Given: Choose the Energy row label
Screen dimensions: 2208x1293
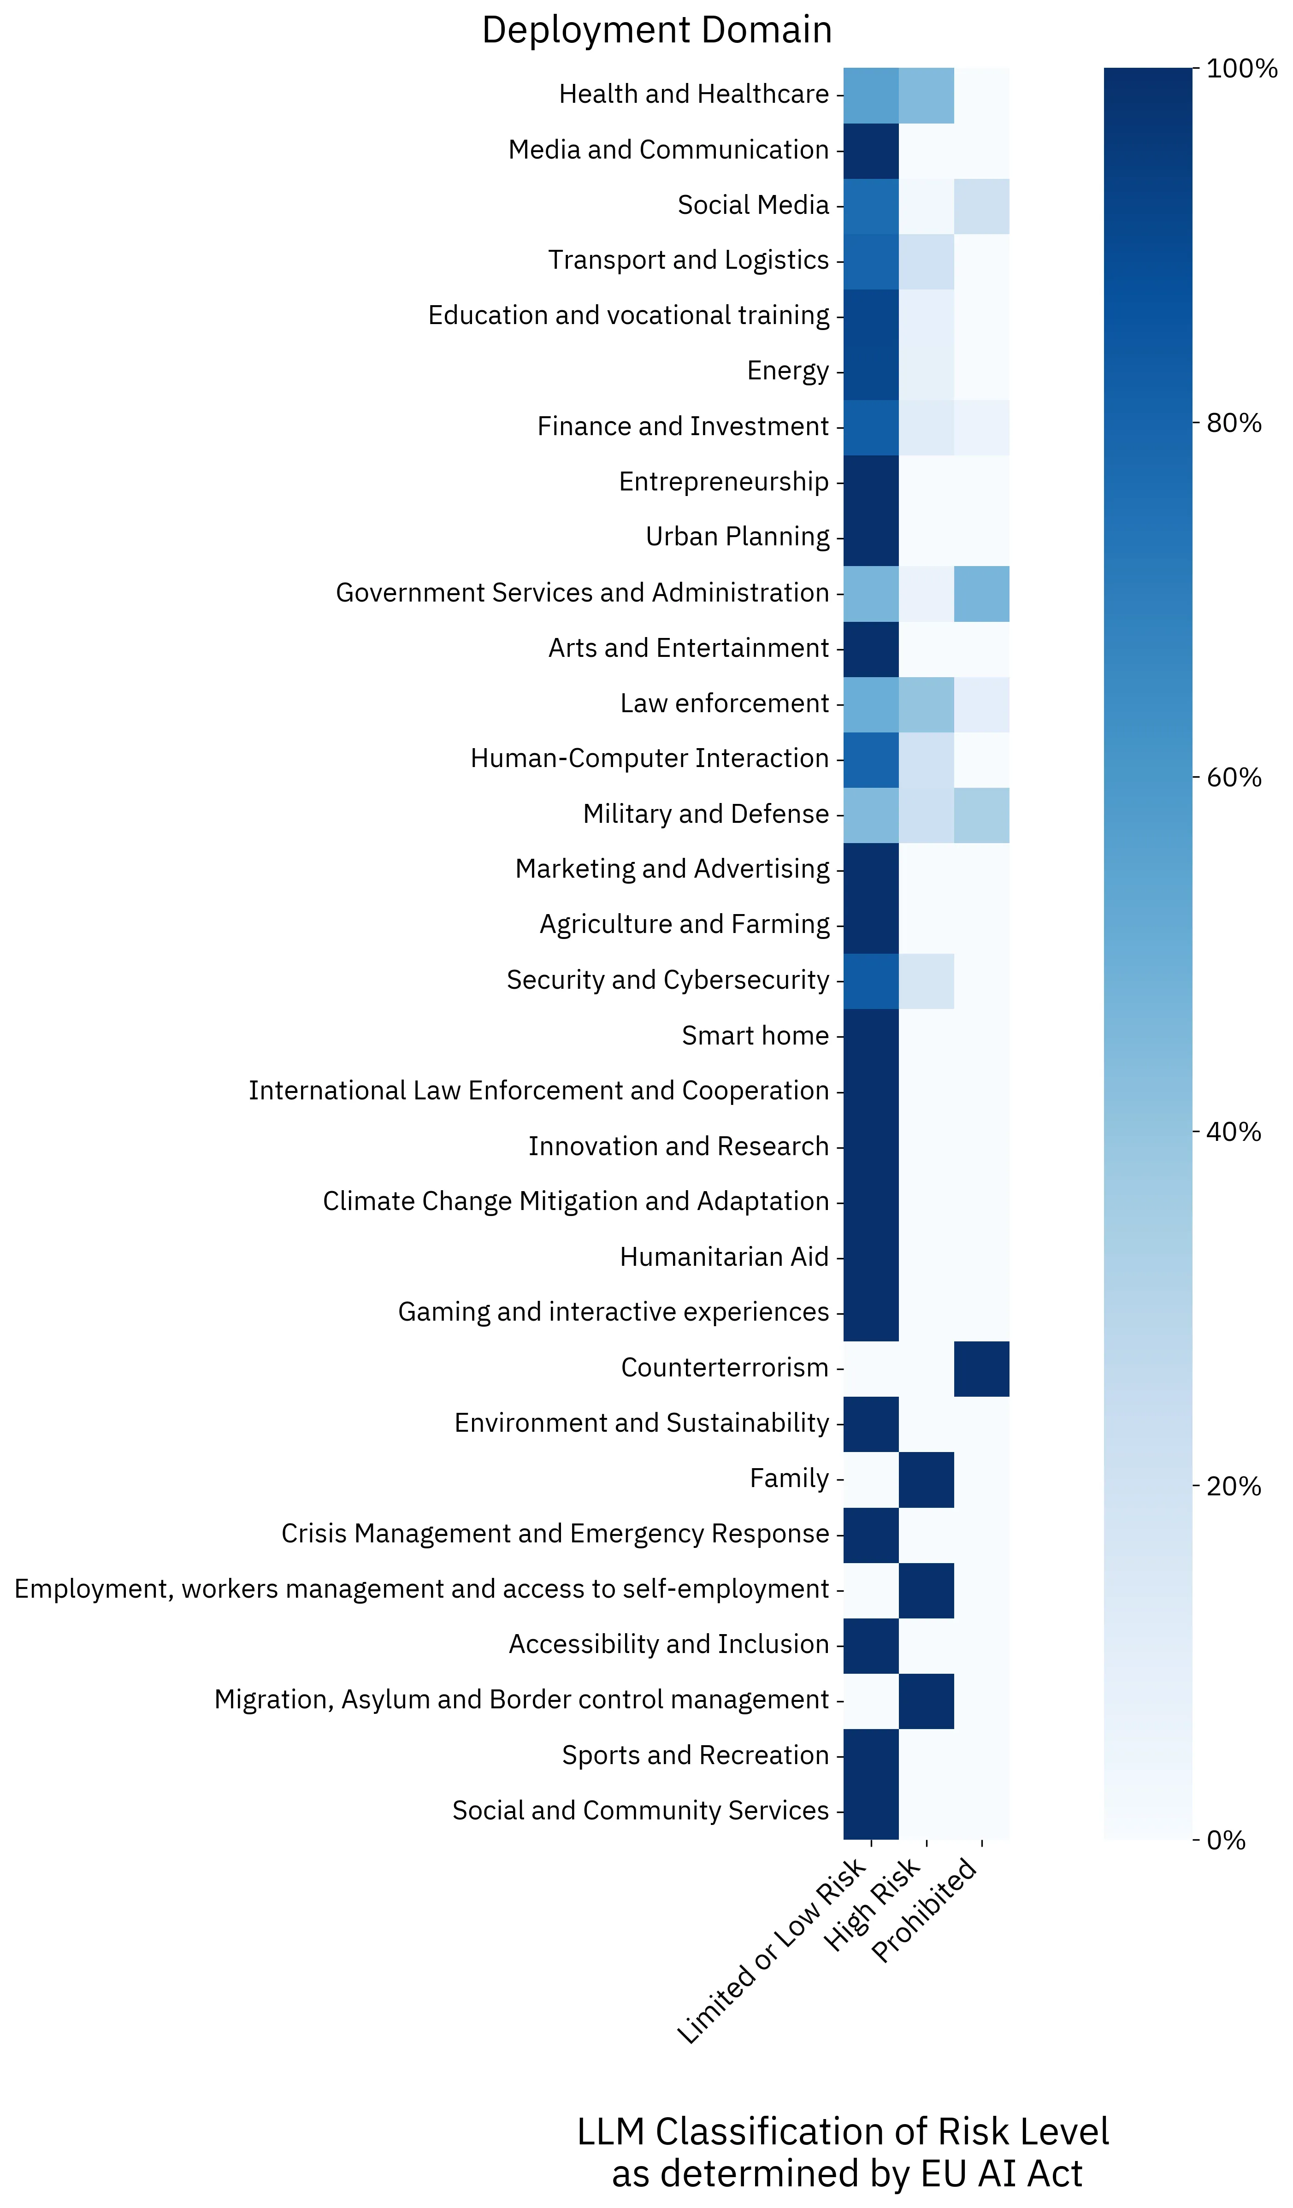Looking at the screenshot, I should (x=787, y=372).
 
